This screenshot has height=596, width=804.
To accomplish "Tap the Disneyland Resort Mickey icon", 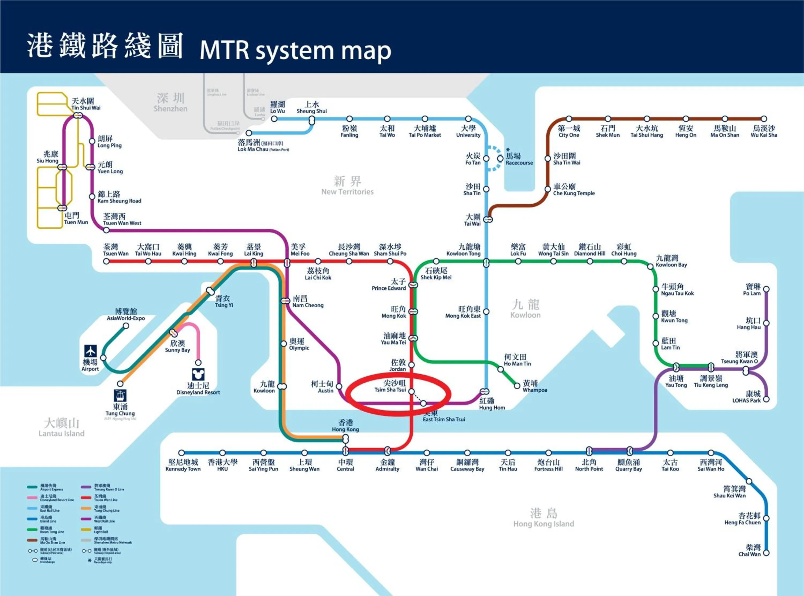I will point(198,374).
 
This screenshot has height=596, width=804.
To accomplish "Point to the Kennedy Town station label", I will point(183,465).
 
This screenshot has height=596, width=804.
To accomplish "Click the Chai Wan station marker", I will point(766,553).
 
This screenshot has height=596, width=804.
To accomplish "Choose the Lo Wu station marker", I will point(274,119).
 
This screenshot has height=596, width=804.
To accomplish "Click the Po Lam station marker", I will point(766,289).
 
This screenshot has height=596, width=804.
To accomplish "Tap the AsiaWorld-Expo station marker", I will point(126,326).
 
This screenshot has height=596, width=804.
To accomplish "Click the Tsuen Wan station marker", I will point(106,261).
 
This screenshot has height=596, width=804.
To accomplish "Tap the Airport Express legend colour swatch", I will point(32,487).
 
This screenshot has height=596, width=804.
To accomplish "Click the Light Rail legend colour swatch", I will point(86,530).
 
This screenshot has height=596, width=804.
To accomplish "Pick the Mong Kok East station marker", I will point(486,311).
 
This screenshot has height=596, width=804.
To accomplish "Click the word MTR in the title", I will point(224,50).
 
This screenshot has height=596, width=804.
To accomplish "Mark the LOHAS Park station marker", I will point(766,399).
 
